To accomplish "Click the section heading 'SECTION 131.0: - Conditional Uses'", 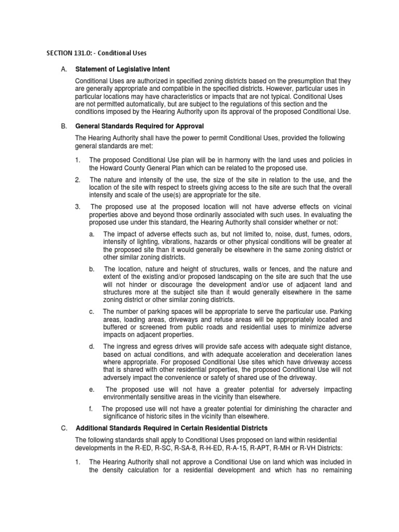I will pyautogui.click(x=97, y=53).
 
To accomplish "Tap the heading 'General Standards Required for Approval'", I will pyautogui.click(x=140, y=126).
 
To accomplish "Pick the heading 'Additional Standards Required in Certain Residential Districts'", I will pyautogui.click(x=171, y=428).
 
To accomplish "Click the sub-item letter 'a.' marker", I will pyautogui.click(x=92, y=234).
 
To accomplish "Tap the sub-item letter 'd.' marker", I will pyautogui.click(x=92, y=346).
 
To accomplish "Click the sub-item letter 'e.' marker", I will pyautogui.click(x=92, y=389).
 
